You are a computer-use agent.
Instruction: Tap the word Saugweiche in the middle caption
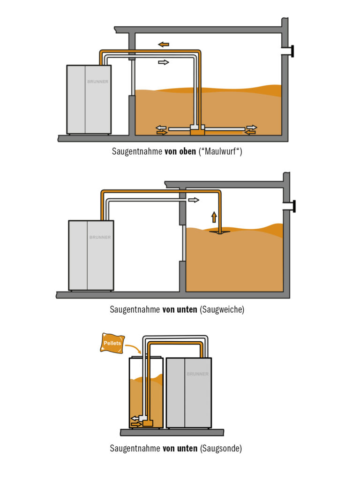(x=222, y=309)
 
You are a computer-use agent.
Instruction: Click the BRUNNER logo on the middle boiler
(x=100, y=237)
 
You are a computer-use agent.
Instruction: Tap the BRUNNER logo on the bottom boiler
(x=197, y=374)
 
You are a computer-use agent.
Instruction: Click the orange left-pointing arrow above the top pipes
(x=164, y=45)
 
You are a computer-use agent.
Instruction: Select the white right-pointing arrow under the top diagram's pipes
(x=163, y=62)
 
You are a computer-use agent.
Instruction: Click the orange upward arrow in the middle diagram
(x=214, y=217)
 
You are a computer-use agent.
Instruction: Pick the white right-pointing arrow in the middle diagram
(x=194, y=200)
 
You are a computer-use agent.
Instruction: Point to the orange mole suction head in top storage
(x=197, y=131)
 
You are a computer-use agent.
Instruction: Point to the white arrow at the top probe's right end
(x=252, y=127)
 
